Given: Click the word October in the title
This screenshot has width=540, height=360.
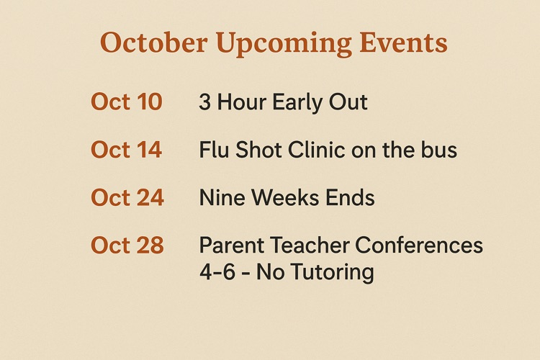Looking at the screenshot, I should click(x=148, y=42).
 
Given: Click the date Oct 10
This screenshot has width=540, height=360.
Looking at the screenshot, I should click(x=127, y=102).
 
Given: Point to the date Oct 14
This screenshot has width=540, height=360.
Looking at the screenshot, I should click(x=127, y=150).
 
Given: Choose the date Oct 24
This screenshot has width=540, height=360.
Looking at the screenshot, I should click(x=127, y=197).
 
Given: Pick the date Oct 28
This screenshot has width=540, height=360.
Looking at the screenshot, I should click(x=127, y=246).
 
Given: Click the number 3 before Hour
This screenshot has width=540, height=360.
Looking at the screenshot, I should click(x=205, y=102).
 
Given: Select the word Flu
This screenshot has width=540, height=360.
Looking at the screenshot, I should click(x=215, y=150).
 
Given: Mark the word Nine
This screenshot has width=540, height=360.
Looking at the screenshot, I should click(x=220, y=197).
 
